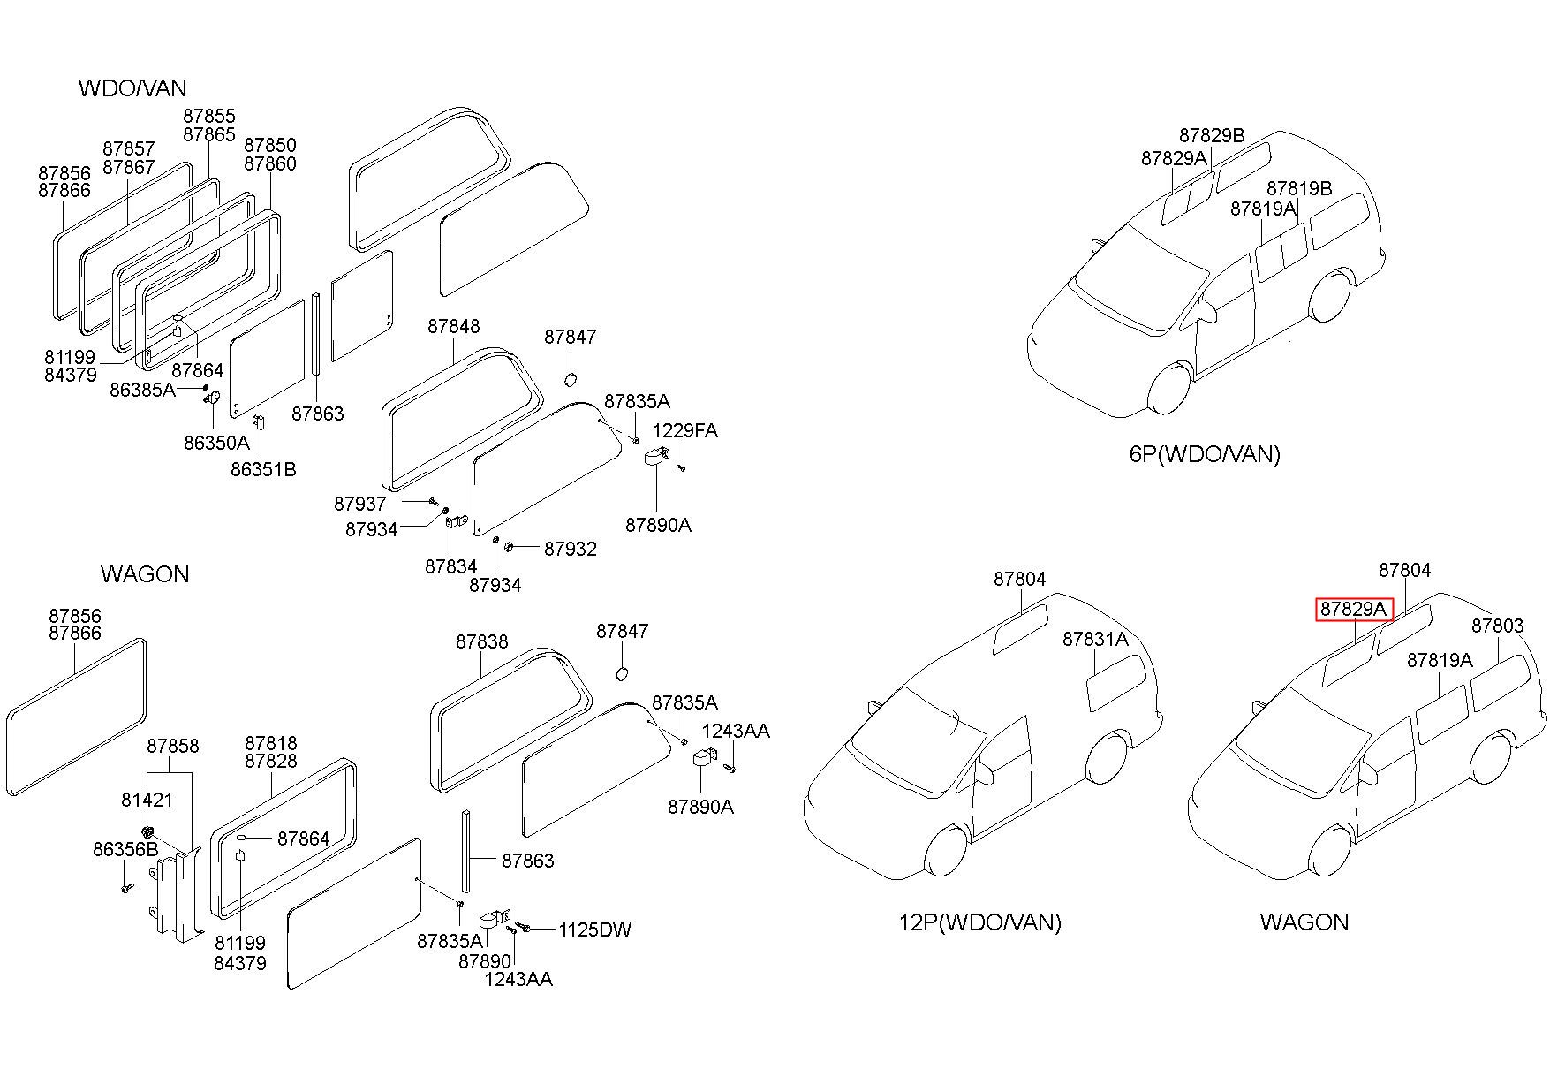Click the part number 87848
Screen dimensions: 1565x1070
tap(454, 326)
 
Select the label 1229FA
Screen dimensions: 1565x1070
tap(685, 430)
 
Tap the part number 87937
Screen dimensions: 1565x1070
tap(360, 504)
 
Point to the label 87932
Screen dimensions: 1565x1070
tap(571, 549)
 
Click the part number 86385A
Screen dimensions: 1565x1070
tap(142, 389)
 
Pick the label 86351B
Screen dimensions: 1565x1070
tap(263, 469)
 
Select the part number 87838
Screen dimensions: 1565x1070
tap(482, 641)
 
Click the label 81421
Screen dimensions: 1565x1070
tap(147, 800)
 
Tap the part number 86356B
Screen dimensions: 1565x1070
tap(125, 849)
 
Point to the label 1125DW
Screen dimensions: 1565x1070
tap(595, 930)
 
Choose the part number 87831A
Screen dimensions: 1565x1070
tap(1095, 639)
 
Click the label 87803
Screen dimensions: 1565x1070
tap(1498, 626)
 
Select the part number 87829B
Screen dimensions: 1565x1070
tap(1212, 135)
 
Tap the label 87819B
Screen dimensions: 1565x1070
tap(1299, 188)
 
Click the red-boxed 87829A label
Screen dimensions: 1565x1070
tap(1353, 609)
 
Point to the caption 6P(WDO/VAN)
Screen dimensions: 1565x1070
tap(1205, 454)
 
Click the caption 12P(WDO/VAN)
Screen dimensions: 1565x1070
tap(980, 922)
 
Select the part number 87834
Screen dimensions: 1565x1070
tap(450, 566)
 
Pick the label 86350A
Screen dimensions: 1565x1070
tap(216, 443)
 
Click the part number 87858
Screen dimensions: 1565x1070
tap(173, 746)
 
